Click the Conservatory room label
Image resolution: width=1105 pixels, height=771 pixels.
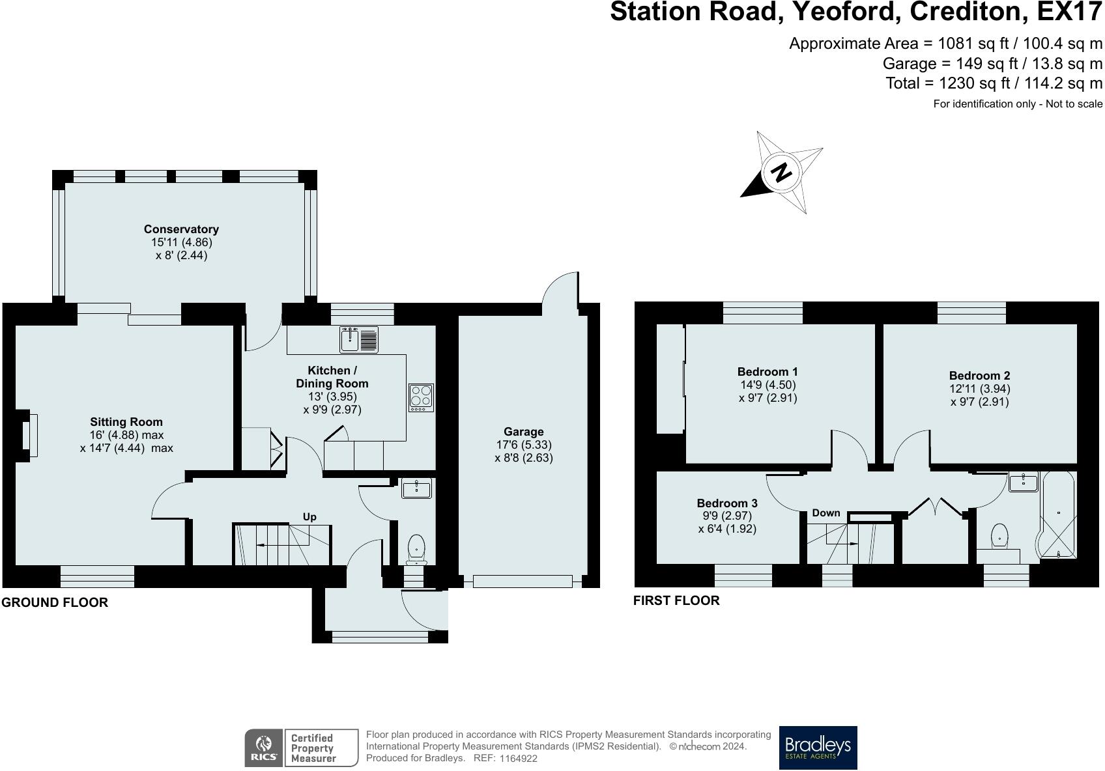pos(181,229)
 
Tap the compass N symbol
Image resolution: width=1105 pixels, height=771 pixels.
pos(781,172)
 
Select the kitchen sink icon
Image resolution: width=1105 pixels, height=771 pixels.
pos(358,339)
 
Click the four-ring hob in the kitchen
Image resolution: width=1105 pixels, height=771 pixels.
pos(421,397)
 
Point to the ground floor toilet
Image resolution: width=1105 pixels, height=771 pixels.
pos(416,549)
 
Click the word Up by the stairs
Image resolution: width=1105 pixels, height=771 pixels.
pos(309,516)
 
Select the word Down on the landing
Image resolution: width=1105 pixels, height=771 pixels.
pos(825,513)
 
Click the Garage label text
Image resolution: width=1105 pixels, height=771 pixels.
pos(523,432)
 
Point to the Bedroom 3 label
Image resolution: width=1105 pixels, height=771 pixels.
pos(727,503)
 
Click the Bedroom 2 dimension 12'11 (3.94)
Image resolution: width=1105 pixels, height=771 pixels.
pos(979,389)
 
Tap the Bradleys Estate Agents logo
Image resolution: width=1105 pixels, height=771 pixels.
pos(818,748)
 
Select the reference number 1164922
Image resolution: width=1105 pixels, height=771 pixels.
pos(519,759)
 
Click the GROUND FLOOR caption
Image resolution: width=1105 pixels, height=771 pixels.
pos(55,602)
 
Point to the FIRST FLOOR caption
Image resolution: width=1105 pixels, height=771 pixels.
pos(676,600)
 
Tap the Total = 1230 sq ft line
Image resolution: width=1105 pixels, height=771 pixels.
pos(994,83)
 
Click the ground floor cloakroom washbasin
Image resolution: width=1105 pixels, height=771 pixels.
pos(416,488)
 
